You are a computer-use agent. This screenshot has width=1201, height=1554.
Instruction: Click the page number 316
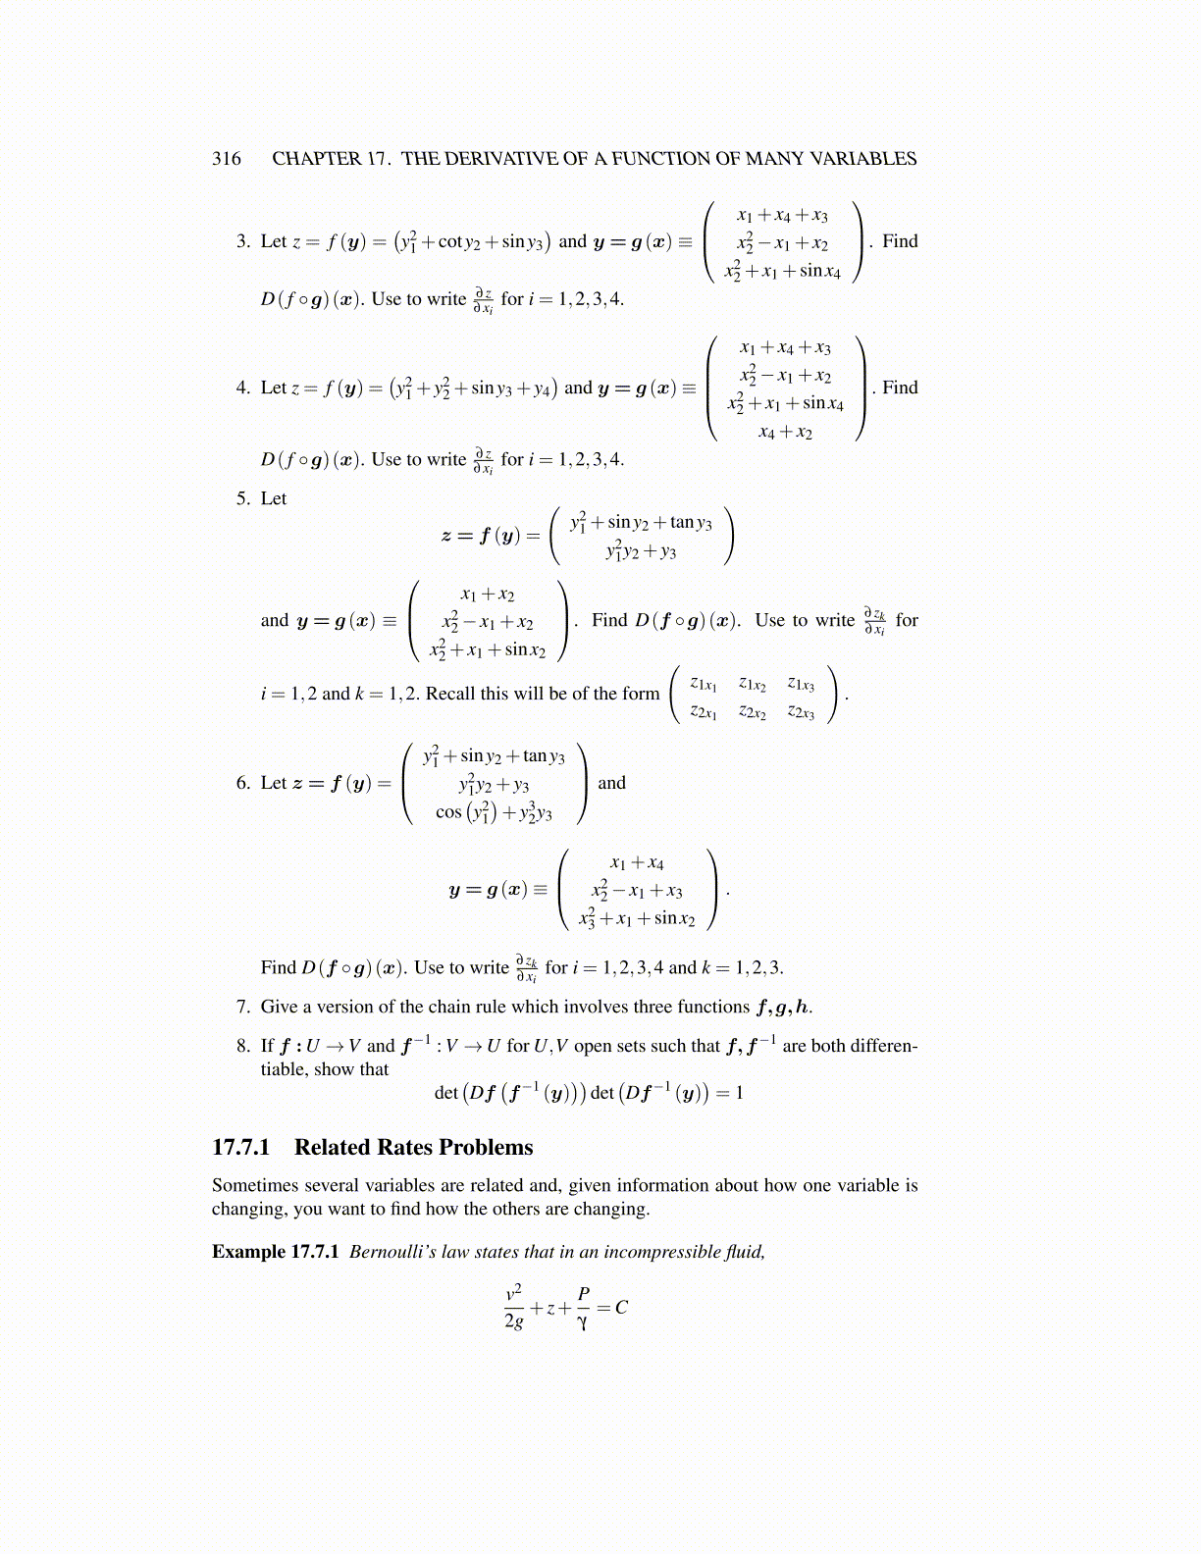tap(226, 159)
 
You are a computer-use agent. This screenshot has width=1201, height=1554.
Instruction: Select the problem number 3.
tap(242, 241)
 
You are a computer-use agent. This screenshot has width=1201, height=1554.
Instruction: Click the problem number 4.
tap(242, 388)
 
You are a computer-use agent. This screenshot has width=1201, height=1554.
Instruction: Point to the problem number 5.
tap(242, 498)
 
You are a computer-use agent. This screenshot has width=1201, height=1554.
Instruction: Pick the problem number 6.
tap(242, 783)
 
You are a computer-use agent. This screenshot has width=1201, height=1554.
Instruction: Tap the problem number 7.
tap(242, 1007)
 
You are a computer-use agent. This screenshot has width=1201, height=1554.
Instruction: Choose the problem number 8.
tap(242, 1046)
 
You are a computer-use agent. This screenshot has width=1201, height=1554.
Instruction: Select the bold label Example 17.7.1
tap(275, 1252)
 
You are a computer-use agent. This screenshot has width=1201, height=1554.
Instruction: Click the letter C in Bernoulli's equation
tap(621, 1308)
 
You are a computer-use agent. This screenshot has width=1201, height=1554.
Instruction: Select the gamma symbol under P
tap(583, 1322)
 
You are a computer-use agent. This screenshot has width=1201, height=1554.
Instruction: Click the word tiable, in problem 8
tap(285, 1069)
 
